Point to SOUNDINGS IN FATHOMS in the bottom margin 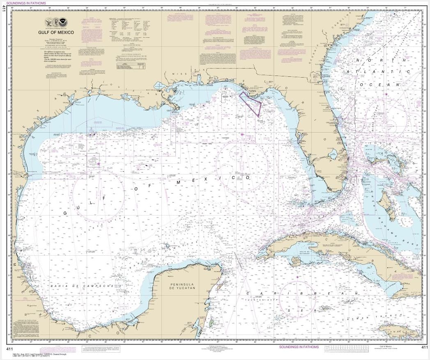[299, 347]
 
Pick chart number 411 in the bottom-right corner [425, 347]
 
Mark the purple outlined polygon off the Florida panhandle [251, 102]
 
